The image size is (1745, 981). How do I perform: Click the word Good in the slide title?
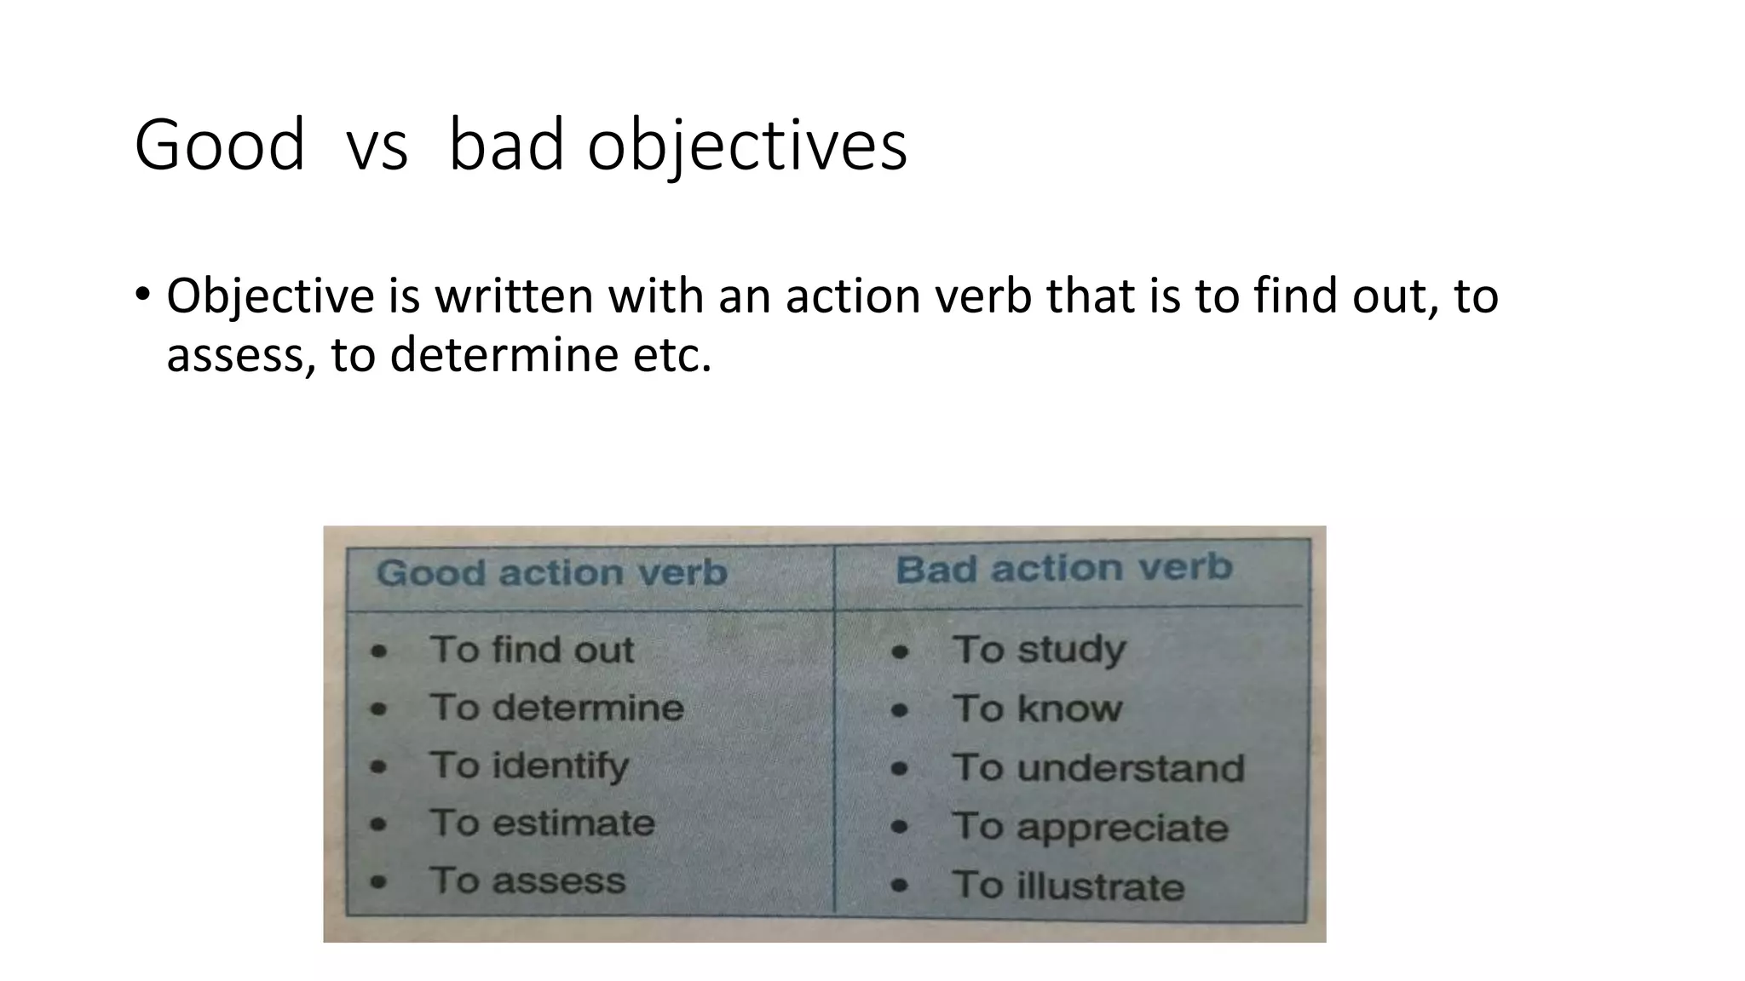(219, 145)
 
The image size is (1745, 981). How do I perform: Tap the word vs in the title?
(377, 146)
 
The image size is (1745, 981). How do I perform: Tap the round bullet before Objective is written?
(141, 295)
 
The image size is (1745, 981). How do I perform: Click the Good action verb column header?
(551, 572)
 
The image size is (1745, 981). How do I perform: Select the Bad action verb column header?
(1063, 568)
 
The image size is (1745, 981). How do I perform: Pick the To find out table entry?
(532, 650)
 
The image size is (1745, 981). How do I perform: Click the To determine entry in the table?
(556, 708)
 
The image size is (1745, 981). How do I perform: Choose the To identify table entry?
(529, 765)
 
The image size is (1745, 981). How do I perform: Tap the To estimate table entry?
(542, 823)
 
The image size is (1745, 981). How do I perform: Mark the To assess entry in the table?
(527, 881)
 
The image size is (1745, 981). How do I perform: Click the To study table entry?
(1039, 650)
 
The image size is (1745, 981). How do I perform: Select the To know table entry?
(1037, 708)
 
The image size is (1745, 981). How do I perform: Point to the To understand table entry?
(1097, 767)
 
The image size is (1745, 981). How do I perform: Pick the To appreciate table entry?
(1090, 827)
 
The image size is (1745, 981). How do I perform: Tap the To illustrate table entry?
(1068, 886)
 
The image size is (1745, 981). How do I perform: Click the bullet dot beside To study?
(900, 653)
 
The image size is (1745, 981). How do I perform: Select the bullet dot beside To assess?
(379, 882)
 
